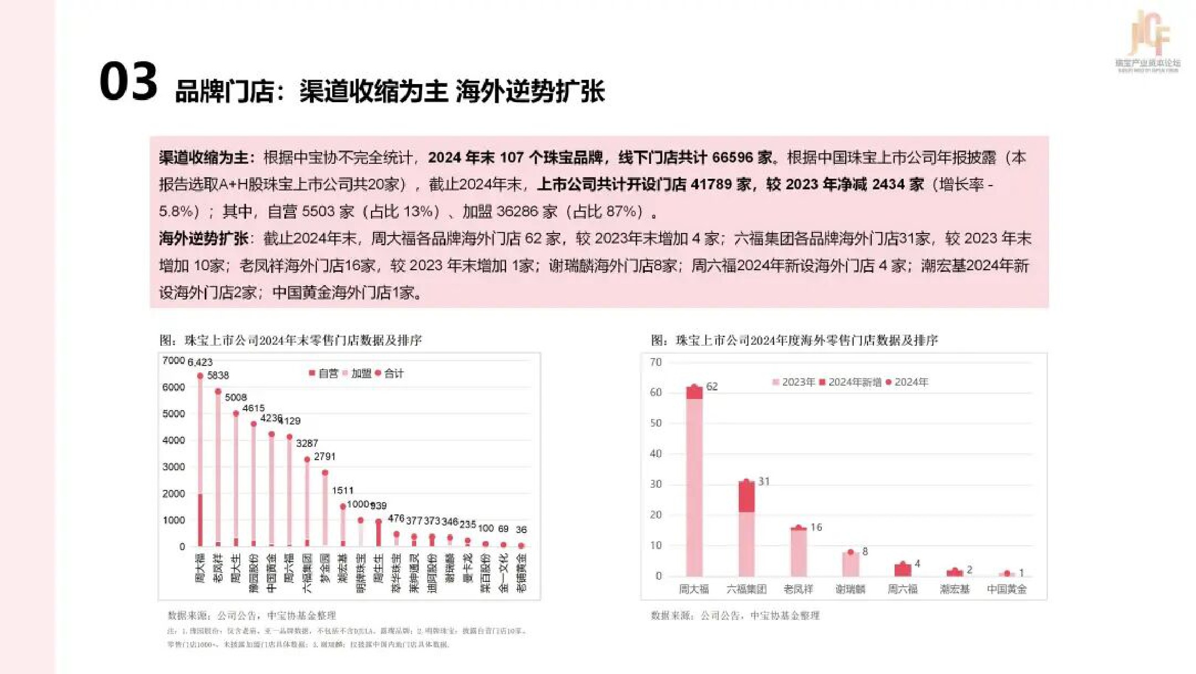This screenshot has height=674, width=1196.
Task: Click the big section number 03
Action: pos(128,81)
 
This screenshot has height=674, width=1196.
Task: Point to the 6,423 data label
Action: pos(200,362)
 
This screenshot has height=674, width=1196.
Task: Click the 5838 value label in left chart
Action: pos(218,376)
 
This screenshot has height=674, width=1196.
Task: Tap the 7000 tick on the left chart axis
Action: pos(173,361)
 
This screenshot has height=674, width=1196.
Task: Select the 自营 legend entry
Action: pos(324,373)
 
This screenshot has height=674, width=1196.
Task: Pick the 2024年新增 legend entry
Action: pos(850,382)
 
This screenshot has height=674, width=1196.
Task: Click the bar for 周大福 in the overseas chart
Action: pos(694,484)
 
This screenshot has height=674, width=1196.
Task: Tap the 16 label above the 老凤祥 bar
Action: pos(816,527)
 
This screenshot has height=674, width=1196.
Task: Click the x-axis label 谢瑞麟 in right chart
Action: pos(850,589)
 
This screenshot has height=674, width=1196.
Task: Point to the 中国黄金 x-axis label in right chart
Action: pos(1006,589)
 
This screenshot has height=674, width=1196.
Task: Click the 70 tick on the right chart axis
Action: pos(656,362)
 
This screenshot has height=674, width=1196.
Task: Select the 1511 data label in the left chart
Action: pos(342,490)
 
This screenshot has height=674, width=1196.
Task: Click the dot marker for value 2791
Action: pos(325,472)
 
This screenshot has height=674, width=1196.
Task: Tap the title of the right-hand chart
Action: pos(794,340)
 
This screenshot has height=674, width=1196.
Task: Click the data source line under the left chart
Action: pos(251,615)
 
